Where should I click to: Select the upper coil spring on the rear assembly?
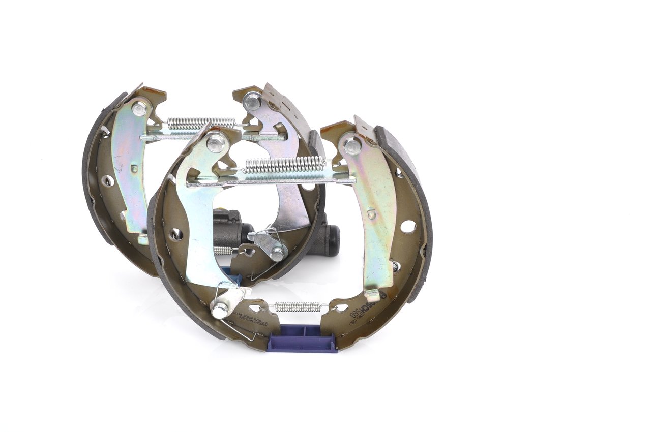click(x=201, y=123)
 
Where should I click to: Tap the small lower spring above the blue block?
click(x=298, y=306)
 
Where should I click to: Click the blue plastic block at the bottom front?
click(x=302, y=338)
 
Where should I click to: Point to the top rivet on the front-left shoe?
click(x=216, y=142)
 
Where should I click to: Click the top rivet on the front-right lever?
click(x=352, y=146)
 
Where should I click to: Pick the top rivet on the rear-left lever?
click(x=139, y=108)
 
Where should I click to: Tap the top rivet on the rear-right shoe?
click(x=251, y=101)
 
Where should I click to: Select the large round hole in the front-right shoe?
click(x=408, y=227)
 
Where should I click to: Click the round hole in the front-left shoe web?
click(x=176, y=234)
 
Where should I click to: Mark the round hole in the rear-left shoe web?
click(x=108, y=180)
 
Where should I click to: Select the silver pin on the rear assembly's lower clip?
click(x=277, y=253)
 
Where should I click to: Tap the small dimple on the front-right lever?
click(x=371, y=214)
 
